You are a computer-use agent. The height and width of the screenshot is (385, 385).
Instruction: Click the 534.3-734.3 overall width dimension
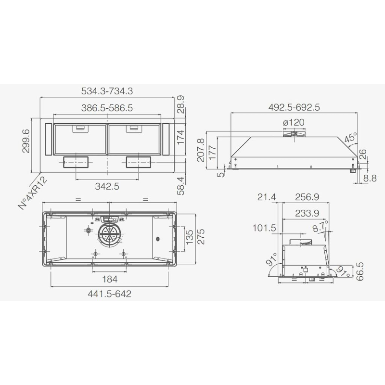(107, 91)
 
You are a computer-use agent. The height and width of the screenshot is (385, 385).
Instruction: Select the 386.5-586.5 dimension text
(107, 108)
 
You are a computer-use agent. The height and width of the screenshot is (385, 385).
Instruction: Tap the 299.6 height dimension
(26, 141)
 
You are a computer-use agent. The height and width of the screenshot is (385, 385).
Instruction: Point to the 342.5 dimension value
(107, 186)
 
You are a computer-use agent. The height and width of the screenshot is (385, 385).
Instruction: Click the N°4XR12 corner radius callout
(33, 193)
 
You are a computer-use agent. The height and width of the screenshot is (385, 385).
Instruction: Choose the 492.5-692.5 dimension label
(294, 107)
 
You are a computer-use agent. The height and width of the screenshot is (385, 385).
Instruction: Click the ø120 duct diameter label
(294, 122)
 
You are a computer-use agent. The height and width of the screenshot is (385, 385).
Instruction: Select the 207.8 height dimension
(201, 150)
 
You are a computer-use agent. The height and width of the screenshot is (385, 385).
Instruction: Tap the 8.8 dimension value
(370, 178)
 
